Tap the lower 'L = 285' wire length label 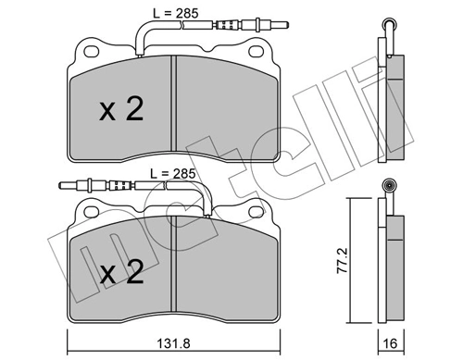pos(172,173)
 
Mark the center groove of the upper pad pos(174,103)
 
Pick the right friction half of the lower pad pos(226,268)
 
